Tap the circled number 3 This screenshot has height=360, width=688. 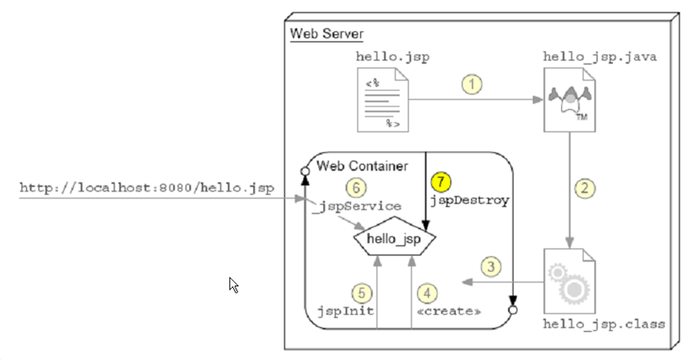pos(492,267)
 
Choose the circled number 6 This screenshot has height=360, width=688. pos(355,188)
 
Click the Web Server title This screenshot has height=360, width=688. pos(327,33)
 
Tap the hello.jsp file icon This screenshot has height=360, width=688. pos(382,100)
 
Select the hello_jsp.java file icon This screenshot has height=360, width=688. pos(569,100)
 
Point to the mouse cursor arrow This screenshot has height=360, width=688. pos(234,285)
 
